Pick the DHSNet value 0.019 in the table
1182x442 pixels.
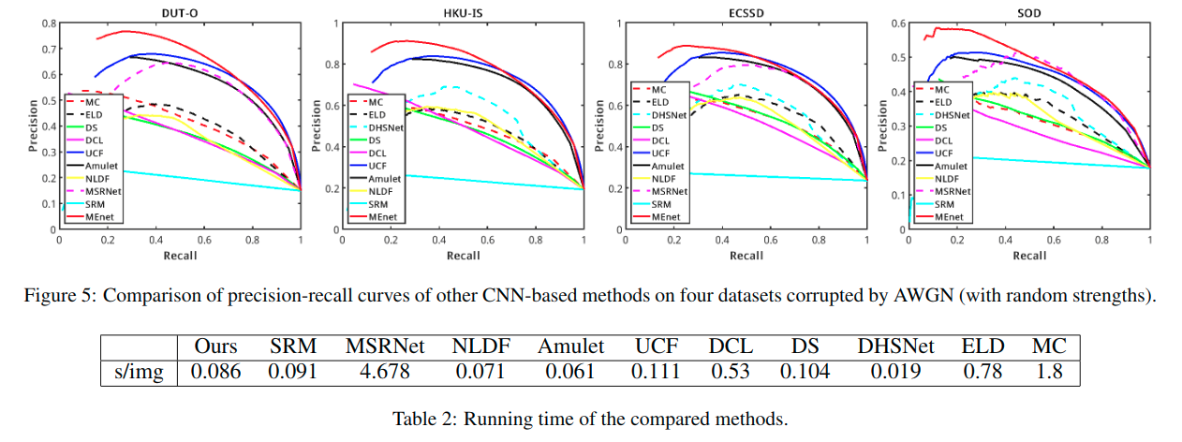[x=897, y=372]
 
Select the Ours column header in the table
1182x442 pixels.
[x=215, y=346]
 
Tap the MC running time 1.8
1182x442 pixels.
[x=1049, y=372]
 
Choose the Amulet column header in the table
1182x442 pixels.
[x=571, y=346]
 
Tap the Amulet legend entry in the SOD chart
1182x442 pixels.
[x=953, y=165]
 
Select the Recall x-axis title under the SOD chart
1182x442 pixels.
[x=1028, y=255]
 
